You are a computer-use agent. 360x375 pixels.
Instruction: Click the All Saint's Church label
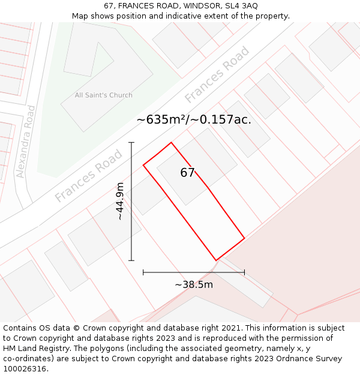[103, 95]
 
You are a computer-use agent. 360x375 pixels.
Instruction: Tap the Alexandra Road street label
[26, 142]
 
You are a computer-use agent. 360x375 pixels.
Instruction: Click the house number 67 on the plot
[188, 173]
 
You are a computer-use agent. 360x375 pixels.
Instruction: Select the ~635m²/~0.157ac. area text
[194, 119]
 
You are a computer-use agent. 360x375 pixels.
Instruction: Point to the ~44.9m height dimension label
[120, 201]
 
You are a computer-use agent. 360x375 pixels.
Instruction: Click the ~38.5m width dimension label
[194, 284]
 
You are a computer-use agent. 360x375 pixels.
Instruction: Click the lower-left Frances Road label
[88, 176]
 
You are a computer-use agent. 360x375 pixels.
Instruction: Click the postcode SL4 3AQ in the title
[239, 5]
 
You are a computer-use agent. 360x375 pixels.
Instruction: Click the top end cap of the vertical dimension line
[131, 143]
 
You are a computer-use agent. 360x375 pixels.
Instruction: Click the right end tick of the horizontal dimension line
[244, 272]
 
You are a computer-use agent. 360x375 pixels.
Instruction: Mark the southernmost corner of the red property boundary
[216, 260]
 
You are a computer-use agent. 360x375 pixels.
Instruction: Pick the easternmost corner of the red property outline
[244, 238]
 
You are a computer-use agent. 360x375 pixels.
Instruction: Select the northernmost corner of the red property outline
[172, 142]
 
